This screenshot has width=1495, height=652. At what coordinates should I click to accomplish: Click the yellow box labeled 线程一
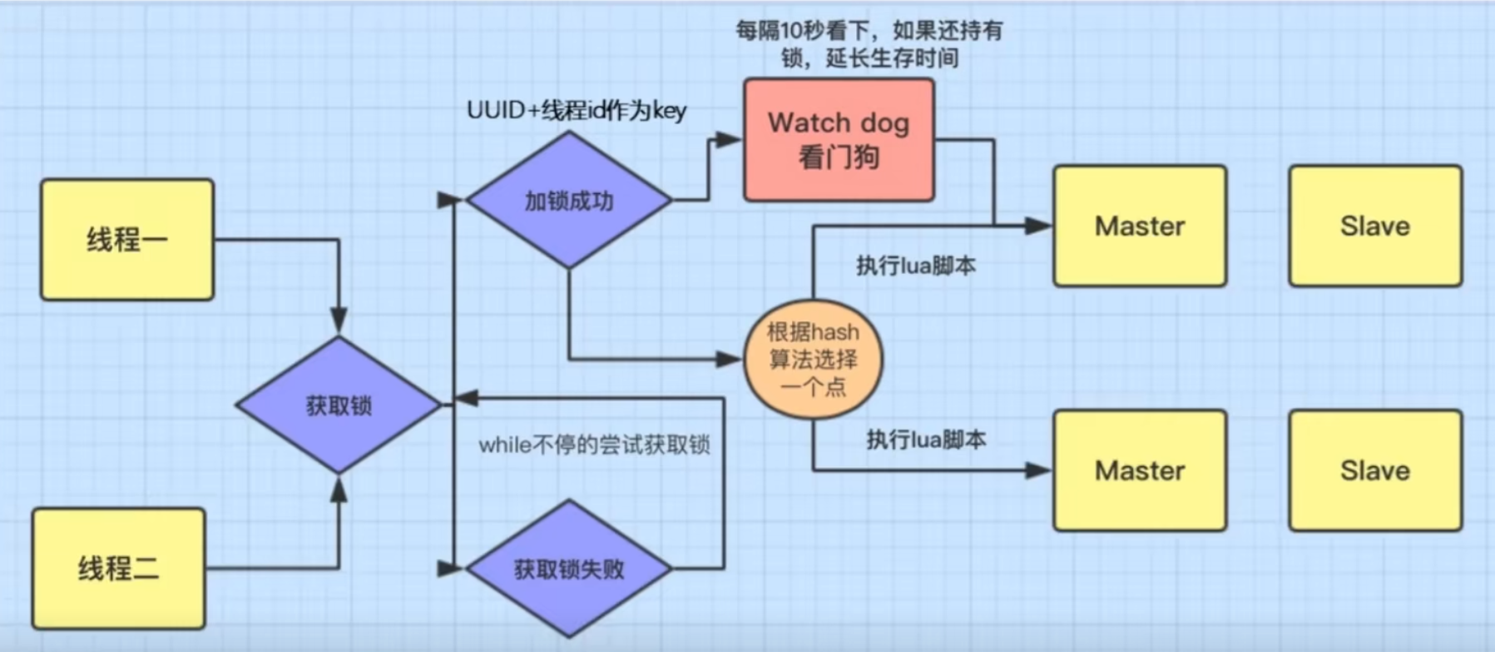(x=127, y=239)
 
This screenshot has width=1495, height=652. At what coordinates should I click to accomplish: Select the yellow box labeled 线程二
(x=118, y=569)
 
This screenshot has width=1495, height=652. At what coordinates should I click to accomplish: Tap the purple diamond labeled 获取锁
(x=339, y=406)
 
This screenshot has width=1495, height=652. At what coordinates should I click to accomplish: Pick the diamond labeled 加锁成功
(x=569, y=201)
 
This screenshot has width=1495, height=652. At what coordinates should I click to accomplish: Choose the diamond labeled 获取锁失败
(x=569, y=570)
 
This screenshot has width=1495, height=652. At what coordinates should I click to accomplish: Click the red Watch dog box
(x=839, y=140)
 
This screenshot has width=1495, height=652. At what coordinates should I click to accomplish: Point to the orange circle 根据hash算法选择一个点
(x=813, y=359)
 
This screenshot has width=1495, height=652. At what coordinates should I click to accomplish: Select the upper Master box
(x=1140, y=226)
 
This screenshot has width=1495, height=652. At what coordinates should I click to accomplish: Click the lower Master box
(x=1140, y=470)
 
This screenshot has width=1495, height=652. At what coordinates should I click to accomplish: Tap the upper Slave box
(x=1375, y=226)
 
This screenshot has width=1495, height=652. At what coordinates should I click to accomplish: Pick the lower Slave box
(x=1375, y=470)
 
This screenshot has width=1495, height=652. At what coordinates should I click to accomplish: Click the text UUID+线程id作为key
(x=577, y=111)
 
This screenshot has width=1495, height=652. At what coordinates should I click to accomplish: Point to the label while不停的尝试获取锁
(x=594, y=445)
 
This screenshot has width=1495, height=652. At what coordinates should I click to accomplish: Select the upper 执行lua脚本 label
(x=916, y=266)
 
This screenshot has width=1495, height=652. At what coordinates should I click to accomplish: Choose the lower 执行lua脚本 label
(x=926, y=439)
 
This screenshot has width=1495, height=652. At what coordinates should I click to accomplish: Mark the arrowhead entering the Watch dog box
(x=730, y=140)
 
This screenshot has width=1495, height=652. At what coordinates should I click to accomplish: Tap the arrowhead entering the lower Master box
(x=1039, y=470)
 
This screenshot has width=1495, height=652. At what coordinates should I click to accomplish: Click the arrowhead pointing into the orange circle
(x=730, y=360)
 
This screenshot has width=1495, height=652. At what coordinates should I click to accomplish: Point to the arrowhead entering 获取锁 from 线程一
(x=339, y=322)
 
